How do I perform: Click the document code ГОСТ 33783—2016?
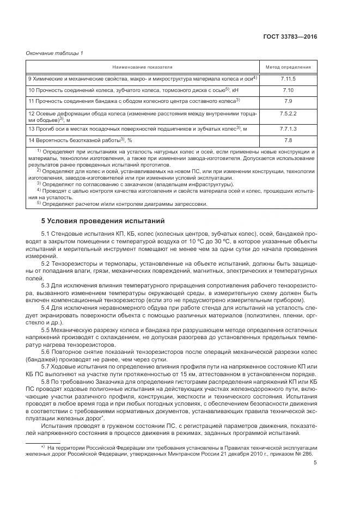pyautogui.click(x=290, y=37)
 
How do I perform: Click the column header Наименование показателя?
pyautogui.click(x=143, y=67)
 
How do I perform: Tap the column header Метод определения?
pyautogui.click(x=288, y=67)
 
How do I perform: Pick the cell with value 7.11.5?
pyautogui.click(x=288, y=79)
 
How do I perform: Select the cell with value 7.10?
pyautogui.click(x=288, y=90)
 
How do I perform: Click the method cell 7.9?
pyautogui.click(x=288, y=101)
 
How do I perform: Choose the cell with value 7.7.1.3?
pyautogui.click(x=288, y=128)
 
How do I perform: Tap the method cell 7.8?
pyautogui.click(x=288, y=140)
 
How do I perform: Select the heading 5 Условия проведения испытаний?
pyautogui.click(x=99, y=221)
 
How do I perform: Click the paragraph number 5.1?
pyautogui.click(x=46, y=234)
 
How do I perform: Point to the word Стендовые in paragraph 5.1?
pyautogui.click(x=69, y=234)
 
